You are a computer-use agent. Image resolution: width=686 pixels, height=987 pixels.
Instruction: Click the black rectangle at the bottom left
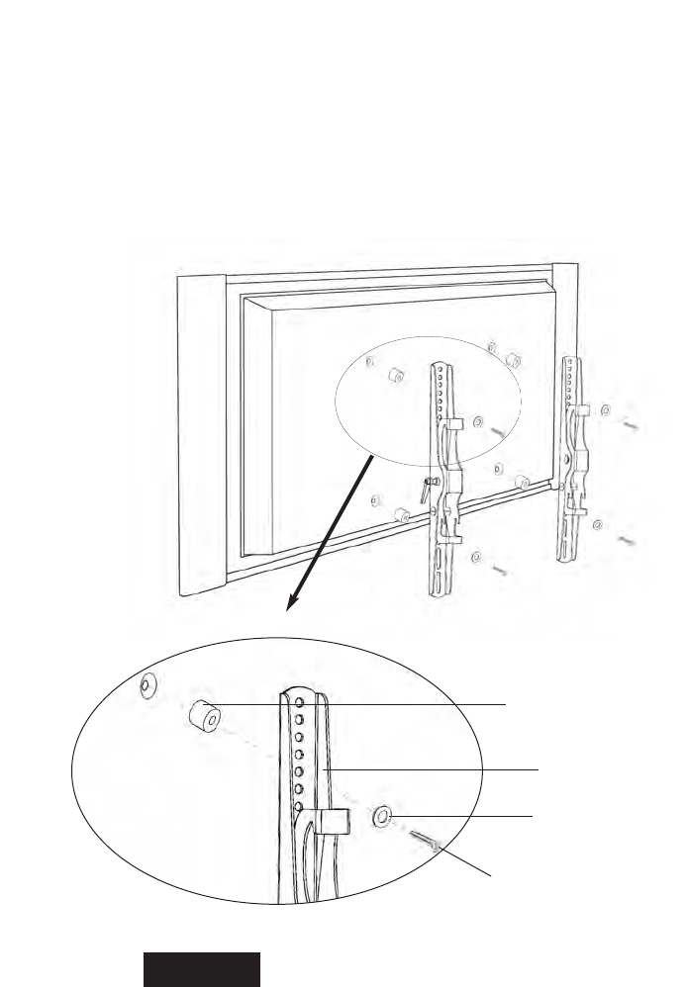click(x=202, y=969)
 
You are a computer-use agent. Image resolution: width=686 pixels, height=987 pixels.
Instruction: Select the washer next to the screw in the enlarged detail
click(x=382, y=817)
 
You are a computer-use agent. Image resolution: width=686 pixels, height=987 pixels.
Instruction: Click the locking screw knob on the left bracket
click(x=426, y=487)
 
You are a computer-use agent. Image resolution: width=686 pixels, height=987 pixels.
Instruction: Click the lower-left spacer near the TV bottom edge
click(x=402, y=514)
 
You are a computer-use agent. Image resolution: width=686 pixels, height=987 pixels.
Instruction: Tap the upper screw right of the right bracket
click(x=634, y=425)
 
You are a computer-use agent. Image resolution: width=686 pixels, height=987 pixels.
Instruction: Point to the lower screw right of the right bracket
click(x=628, y=541)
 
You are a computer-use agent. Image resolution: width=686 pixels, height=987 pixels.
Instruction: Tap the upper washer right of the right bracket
click(x=606, y=409)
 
